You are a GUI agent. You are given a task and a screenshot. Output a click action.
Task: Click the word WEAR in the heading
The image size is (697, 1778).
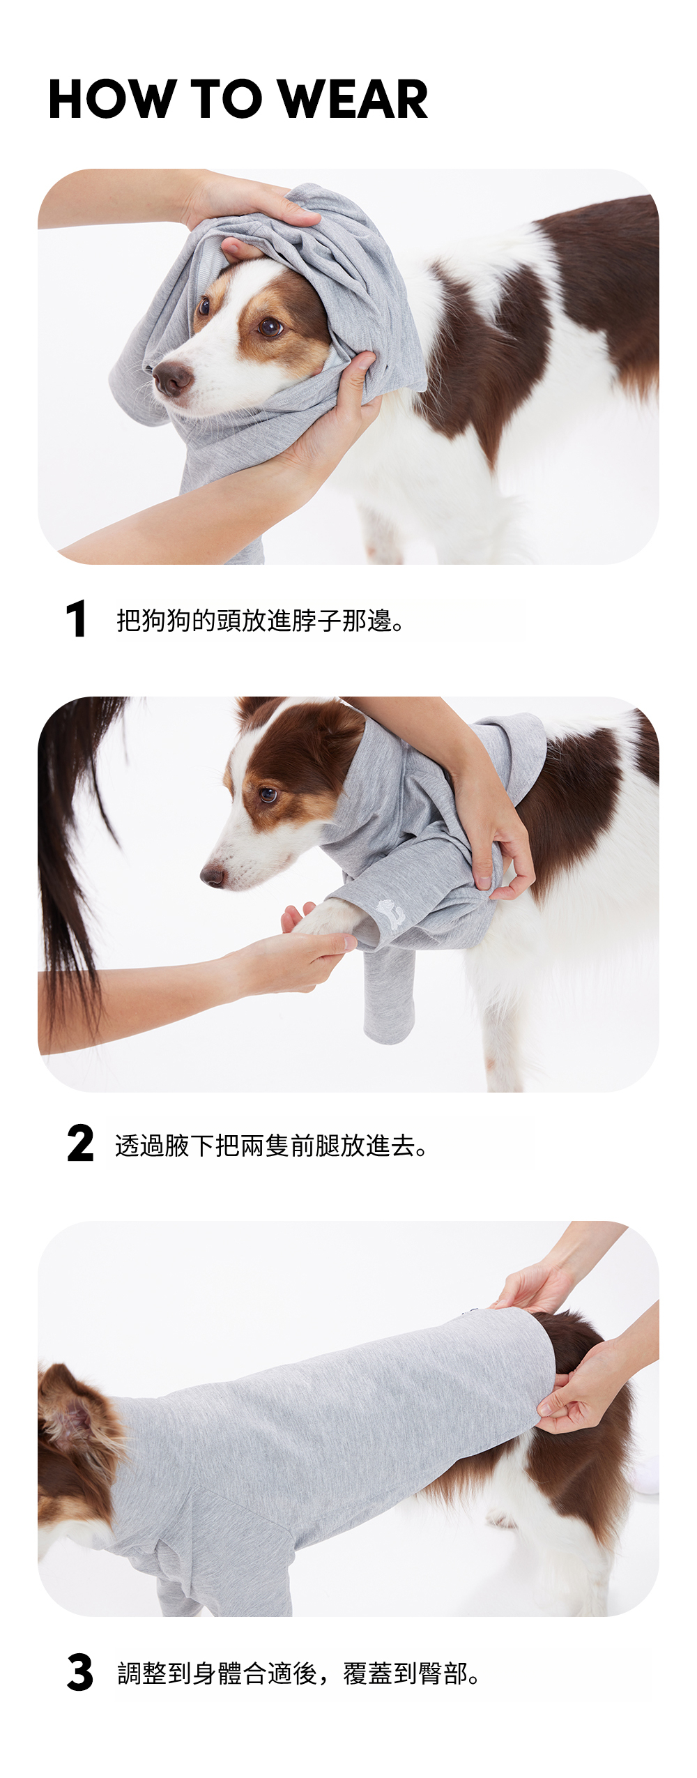point(352,99)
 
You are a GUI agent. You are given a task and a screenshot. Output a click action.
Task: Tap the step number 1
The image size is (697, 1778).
point(76,618)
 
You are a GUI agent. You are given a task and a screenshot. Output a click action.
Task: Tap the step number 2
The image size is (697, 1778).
point(80,1143)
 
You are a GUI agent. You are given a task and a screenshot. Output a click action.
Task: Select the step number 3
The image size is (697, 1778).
point(80,1672)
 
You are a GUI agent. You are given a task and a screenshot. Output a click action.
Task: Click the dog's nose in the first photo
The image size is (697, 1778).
point(171,378)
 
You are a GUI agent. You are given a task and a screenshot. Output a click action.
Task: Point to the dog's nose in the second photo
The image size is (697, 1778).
point(213,875)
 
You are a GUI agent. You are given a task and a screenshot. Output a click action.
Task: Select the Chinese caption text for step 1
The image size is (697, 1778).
point(261,620)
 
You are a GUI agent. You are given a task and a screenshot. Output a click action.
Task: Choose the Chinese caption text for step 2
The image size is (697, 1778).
point(271,1145)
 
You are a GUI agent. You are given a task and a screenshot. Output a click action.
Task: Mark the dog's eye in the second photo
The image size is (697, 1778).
point(268,794)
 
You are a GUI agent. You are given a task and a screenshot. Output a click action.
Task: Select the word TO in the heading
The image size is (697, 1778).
point(227,99)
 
